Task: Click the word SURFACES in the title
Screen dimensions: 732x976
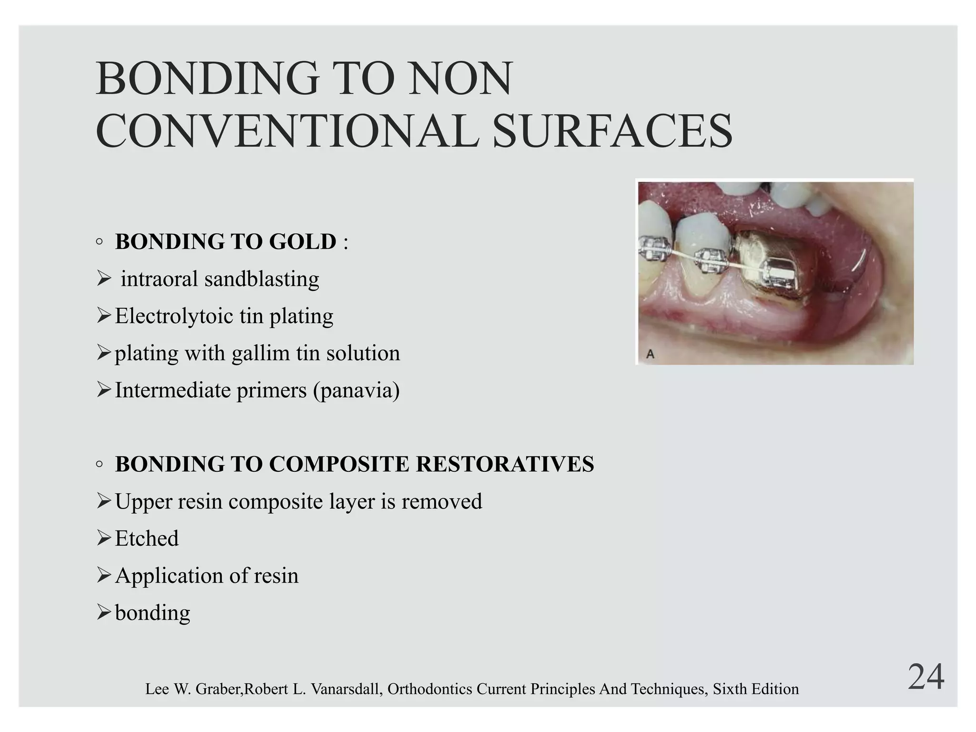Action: [612, 131]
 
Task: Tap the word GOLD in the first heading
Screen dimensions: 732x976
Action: [303, 242]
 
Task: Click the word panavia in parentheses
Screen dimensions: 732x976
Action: [356, 390]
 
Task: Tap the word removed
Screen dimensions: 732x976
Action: [442, 501]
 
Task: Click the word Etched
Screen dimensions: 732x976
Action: [147, 539]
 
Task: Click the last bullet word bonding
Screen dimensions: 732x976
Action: [152, 613]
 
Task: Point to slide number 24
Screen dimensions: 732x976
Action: [925, 677]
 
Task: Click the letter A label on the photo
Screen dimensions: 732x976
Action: [650, 354]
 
